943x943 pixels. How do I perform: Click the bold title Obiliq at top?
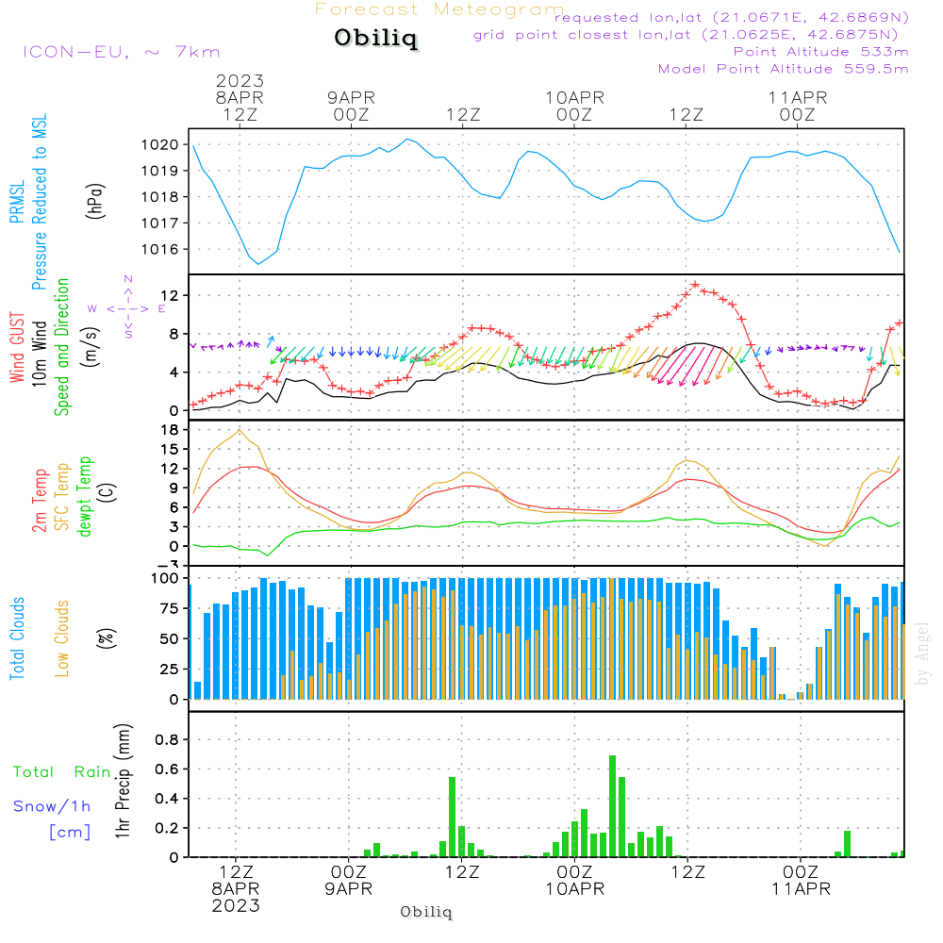(375, 39)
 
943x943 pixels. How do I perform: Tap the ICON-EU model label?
(120, 51)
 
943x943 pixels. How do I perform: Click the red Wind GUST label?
(17, 349)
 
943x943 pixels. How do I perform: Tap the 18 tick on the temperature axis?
(171, 429)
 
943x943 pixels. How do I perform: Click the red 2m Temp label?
(41, 500)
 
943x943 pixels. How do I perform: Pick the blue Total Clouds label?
(17, 638)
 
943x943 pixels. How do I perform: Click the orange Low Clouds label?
(63, 638)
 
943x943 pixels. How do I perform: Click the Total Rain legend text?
(62, 772)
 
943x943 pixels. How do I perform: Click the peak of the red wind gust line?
(695, 284)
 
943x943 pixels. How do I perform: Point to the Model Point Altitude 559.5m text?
(783, 69)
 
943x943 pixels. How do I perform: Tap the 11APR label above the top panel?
(798, 96)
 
